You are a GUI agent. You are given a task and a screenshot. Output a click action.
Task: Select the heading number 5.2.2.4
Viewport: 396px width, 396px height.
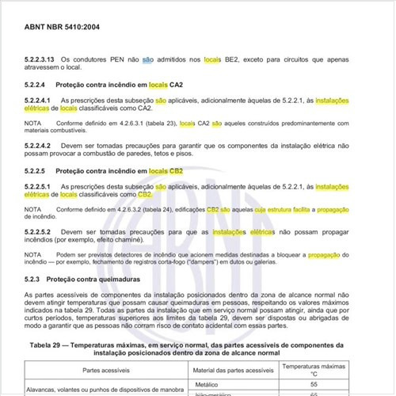click(36, 84)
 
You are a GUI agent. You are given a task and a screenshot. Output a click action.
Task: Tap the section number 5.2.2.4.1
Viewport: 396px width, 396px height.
click(40, 101)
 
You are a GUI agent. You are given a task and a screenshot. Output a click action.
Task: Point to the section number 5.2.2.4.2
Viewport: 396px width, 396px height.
click(40, 147)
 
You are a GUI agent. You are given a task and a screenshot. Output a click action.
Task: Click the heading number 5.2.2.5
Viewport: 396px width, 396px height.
click(36, 170)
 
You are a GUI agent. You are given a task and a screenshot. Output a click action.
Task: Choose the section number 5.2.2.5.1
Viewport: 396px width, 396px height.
click(40, 187)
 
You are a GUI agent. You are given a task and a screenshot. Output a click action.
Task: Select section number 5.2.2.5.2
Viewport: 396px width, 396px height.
click(40, 232)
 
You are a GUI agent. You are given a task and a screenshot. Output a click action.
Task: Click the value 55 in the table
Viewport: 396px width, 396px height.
click(314, 384)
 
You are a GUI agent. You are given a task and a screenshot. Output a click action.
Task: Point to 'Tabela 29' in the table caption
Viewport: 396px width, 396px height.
click(49, 345)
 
